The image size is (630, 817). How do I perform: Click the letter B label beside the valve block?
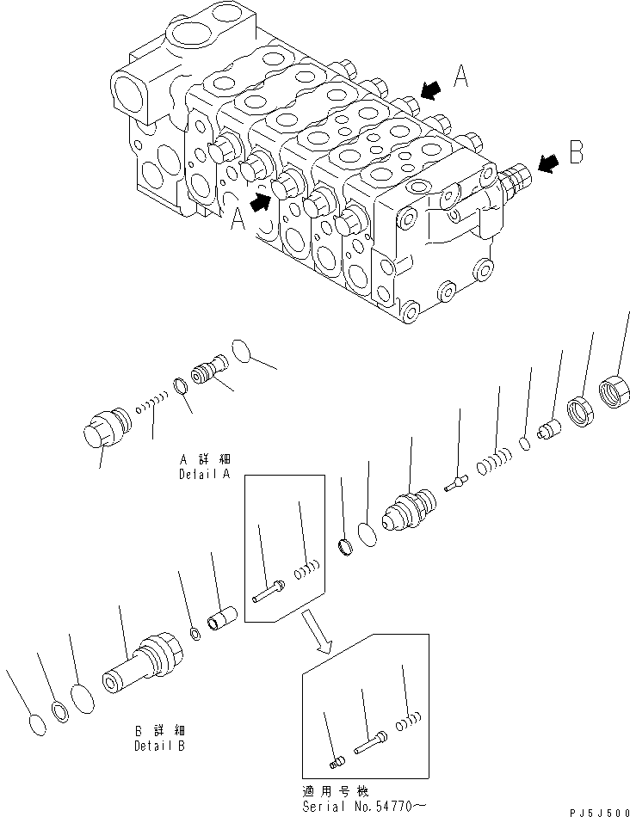tap(576, 157)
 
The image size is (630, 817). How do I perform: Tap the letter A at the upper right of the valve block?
tap(461, 79)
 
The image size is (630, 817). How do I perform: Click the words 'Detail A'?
tap(203, 474)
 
